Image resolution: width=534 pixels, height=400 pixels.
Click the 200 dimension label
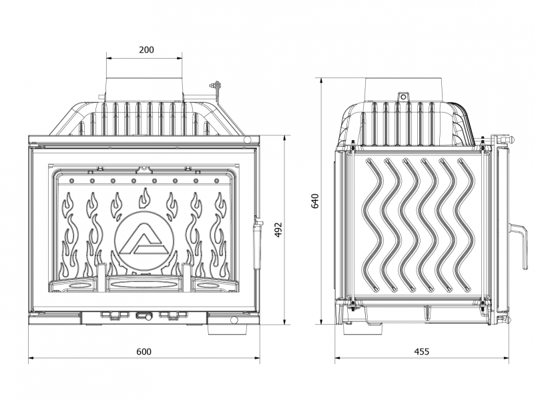coord(146,49)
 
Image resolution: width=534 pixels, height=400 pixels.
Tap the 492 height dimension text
coord(278,230)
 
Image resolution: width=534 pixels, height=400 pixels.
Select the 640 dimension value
coord(315,201)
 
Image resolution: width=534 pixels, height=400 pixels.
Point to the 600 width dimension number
coord(144,351)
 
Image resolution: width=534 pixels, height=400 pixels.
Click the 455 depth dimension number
coord(422,351)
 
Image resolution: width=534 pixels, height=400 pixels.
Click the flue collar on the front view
coord(144,89)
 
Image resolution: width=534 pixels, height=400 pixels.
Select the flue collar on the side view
coord(405,89)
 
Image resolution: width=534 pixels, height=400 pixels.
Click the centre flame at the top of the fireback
coord(145,198)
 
